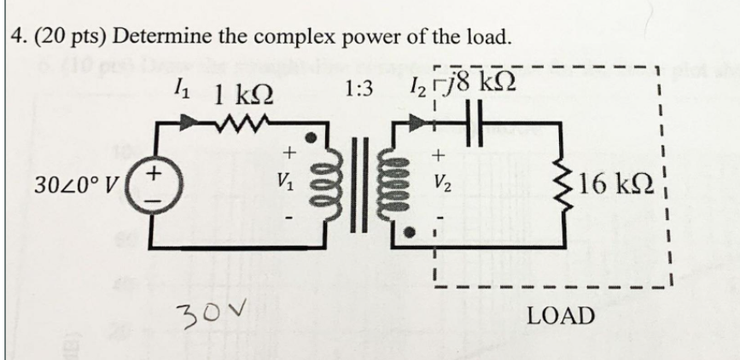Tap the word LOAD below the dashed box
(x=561, y=316)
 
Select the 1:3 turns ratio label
(x=359, y=88)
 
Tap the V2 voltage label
(x=440, y=182)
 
